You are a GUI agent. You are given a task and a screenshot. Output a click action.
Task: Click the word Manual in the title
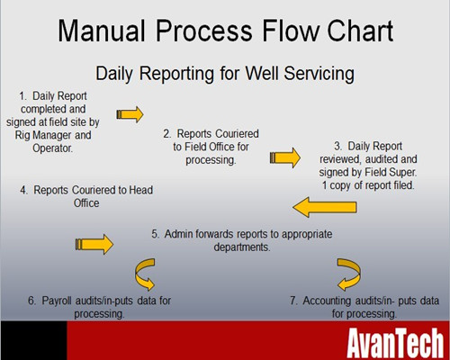pyautogui.click(x=102, y=31)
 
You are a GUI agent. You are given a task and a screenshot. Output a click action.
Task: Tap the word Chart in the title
pyautogui.click(x=360, y=31)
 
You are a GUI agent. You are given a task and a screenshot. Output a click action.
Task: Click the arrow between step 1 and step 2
pyautogui.click(x=130, y=114)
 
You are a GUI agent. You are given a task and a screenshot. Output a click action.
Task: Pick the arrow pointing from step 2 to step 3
pyautogui.click(x=285, y=157)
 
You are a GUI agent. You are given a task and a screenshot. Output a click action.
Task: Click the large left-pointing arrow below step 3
pyautogui.click(x=325, y=207)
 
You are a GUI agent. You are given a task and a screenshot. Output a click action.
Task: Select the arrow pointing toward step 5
pyautogui.click(x=94, y=244)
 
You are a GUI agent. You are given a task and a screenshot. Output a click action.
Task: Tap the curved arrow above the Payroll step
pyautogui.click(x=144, y=274)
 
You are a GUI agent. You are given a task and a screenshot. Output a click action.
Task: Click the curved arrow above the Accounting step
pyautogui.click(x=350, y=274)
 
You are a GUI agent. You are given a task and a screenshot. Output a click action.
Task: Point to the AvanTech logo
pyautogui.click(x=395, y=343)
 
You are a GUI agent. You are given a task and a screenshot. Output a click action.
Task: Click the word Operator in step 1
pyautogui.click(x=52, y=148)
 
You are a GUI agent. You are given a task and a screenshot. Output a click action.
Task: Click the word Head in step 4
pyautogui.click(x=140, y=190)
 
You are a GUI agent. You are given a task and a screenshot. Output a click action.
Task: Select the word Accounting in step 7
pyautogui.click(x=327, y=301)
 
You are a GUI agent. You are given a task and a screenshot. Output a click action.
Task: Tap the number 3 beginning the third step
pyautogui.click(x=337, y=147)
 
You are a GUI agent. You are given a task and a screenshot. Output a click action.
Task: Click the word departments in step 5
pyautogui.click(x=242, y=247)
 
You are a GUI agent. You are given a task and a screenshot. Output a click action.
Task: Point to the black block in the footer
pyautogui.click(x=33, y=340)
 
